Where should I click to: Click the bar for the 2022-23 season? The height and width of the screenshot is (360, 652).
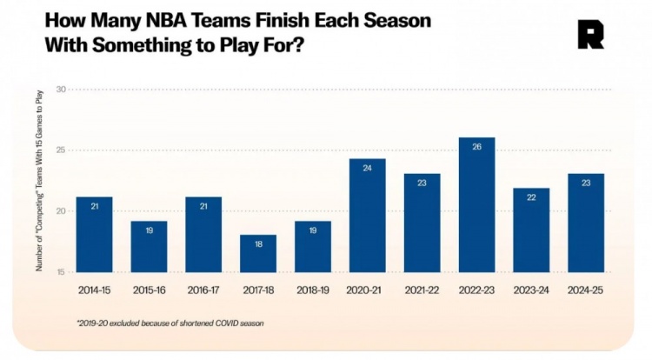coord(476,205)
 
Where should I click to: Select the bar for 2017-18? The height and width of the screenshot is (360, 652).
coord(257,253)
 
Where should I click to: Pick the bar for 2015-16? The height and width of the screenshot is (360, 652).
coord(149,247)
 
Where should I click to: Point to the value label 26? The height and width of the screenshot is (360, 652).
coord(476,147)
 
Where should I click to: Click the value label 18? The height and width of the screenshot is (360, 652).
coord(257,244)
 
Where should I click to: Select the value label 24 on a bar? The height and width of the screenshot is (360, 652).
coord(367,168)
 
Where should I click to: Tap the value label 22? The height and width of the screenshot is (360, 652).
coord(531,198)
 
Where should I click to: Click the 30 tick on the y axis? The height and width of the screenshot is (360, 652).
coord(61,90)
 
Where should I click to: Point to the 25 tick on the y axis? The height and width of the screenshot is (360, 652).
coord(61,150)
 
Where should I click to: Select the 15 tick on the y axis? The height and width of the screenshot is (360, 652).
coord(61,272)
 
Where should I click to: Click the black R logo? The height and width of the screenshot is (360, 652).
coord(590,35)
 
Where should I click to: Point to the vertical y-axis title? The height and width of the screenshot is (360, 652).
coord(39,182)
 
